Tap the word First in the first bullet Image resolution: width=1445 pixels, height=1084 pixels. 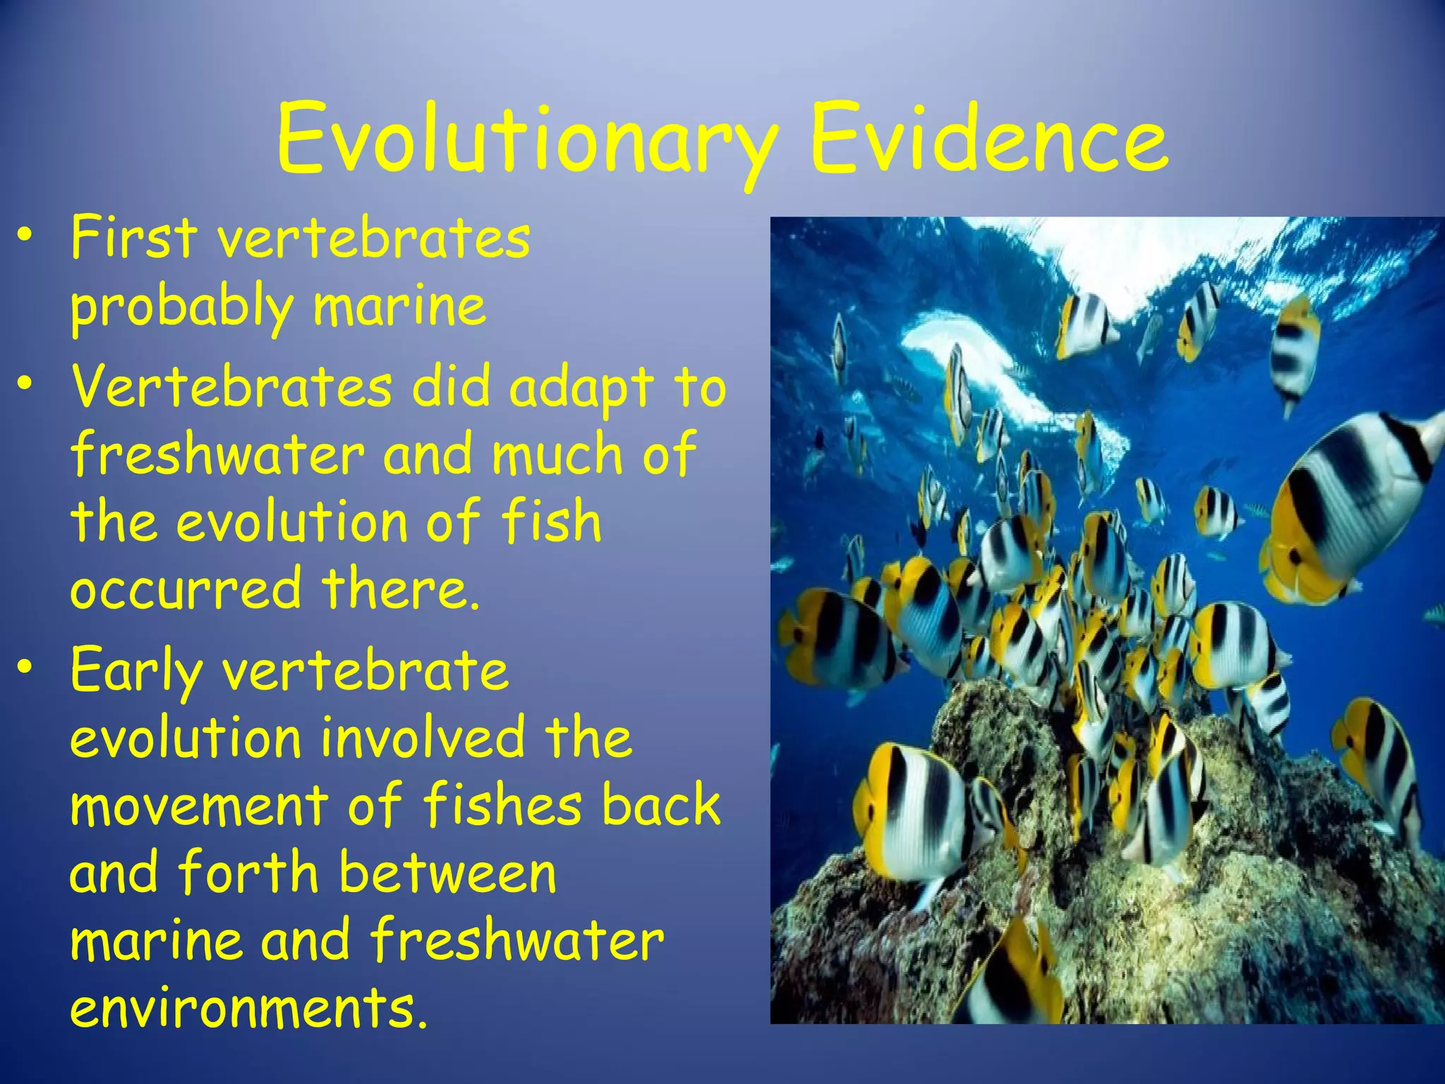pos(133,238)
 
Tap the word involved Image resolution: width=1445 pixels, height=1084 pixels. pos(423,737)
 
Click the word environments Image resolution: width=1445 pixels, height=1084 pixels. pos(248,1007)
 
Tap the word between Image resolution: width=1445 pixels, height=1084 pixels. pos(447,873)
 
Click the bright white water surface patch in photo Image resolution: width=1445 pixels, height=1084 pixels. pos(974,353)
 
